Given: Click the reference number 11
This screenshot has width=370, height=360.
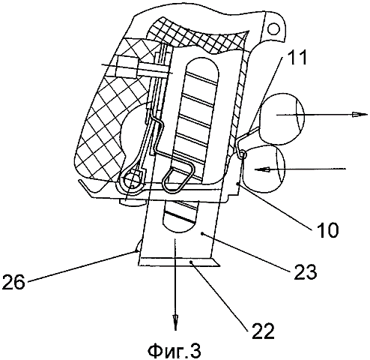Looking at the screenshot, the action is click(x=296, y=58).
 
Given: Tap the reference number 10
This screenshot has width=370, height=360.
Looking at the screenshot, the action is click(x=327, y=229).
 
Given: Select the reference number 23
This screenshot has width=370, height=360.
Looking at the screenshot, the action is click(x=305, y=271).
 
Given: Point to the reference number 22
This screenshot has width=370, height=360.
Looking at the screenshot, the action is click(x=263, y=331).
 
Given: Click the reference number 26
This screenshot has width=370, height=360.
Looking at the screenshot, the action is click(x=13, y=281).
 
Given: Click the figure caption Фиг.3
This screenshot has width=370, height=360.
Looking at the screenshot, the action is click(x=175, y=351).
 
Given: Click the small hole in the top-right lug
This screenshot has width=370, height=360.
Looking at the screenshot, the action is click(x=273, y=28).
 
